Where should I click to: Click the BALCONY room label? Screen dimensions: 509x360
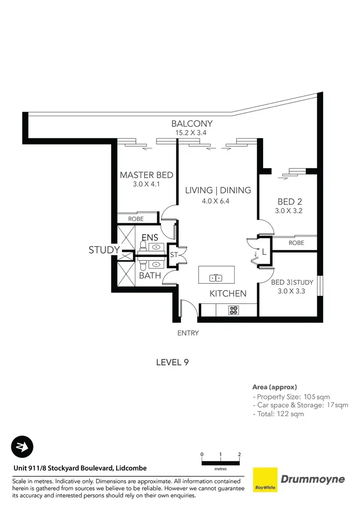192,123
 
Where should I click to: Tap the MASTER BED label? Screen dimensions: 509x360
146,175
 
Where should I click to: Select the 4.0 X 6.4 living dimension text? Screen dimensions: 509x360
216,201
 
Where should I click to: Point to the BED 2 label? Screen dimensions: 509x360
289,201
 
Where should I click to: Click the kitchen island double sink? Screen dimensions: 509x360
216,278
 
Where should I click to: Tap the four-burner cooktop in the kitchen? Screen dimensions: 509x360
233,310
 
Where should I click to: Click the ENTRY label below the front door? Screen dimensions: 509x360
188,333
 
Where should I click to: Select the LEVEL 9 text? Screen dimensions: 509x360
172,363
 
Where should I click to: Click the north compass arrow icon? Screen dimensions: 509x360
22,448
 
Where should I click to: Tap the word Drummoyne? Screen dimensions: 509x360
312,479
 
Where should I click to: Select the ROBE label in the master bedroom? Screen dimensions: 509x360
136,219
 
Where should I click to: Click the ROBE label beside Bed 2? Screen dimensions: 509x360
296,243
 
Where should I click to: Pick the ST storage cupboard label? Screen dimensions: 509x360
174,255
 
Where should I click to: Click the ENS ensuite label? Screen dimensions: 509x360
150,238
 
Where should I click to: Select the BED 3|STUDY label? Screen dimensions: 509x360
288,282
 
